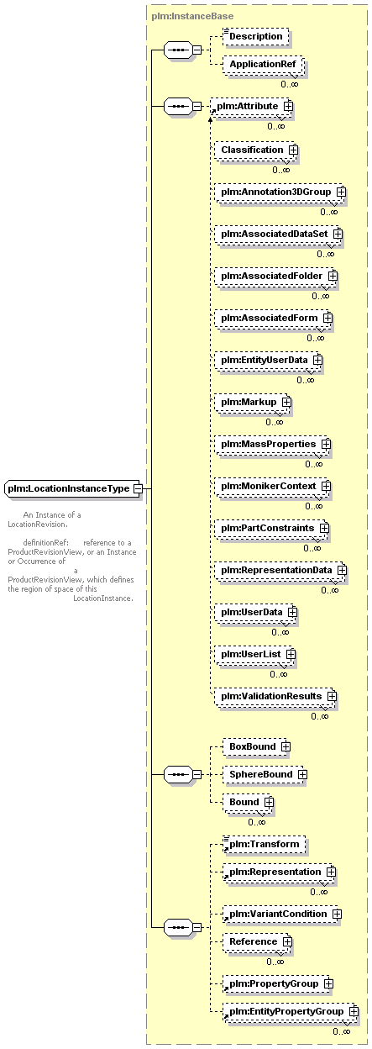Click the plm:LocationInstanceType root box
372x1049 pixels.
pyautogui.click(x=72, y=488)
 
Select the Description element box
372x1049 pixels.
pyautogui.click(x=255, y=36)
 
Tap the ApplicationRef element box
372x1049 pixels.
pyautogui.click(x=263, y=64)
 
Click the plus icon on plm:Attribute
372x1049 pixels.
pyautogui.click(x=288, y=106)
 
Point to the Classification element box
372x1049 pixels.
pyautogui.click(x=255, y=150)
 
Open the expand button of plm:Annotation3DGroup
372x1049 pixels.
pyautogui.click(x=341, y=192)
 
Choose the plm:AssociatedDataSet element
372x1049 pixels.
pyautogui.click(x=278, y=234)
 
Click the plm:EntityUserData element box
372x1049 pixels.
pyautogui.click(x=268, y=360)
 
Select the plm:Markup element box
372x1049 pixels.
pyautogui.click(x=252, y=403)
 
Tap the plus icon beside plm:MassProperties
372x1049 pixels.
pyautogui.click(x=326, y=444)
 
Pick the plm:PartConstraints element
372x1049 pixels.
pyautogui.click(x=271, y=528)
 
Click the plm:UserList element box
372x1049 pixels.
pyautogui.click(x=254, y=654)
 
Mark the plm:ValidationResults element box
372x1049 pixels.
pyautogui.click(x=275, y=696)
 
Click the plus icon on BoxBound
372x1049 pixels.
pyautogui.click(x=286, y=747)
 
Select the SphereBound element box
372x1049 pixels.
pyautogui.click(x=265, y=775)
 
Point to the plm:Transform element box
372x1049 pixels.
pyautogui.click(x=264, y=845)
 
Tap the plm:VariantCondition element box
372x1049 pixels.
pyautogui.click(x=281, y=915)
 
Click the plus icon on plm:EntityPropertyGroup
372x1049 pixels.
pyautogui.click(x=354, y=1012)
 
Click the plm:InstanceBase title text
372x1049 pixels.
pyautogui.click(x=192, y=17)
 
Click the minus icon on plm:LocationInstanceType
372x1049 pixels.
pyautogui.click(x=138, y=488)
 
